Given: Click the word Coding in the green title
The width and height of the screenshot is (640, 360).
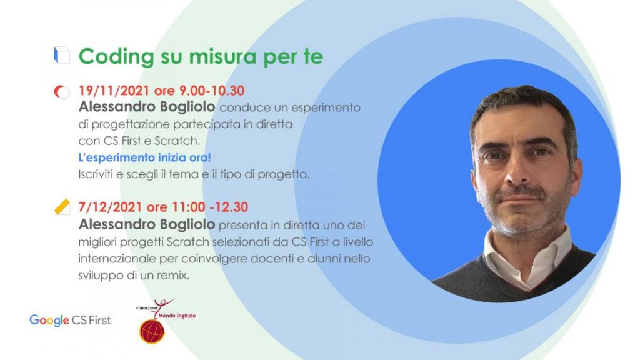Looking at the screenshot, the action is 116,57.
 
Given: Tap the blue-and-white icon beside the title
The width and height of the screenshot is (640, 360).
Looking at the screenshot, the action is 62,55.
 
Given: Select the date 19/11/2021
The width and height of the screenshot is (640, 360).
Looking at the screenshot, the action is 114,90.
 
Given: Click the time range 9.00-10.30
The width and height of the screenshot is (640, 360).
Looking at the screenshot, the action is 212,90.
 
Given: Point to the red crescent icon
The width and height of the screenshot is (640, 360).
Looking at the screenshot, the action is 61,92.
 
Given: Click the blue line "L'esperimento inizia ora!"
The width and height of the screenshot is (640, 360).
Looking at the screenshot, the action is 144,157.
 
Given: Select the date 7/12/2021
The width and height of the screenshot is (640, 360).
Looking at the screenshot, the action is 110,207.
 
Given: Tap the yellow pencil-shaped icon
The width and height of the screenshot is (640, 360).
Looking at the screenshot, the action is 62,207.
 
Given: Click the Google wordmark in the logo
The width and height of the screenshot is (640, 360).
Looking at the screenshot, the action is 49,321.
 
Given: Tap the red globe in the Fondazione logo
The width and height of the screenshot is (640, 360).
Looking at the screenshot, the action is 152,331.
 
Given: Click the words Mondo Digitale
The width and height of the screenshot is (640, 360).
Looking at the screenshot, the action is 177,316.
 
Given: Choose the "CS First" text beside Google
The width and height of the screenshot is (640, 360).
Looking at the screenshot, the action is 91,321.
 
